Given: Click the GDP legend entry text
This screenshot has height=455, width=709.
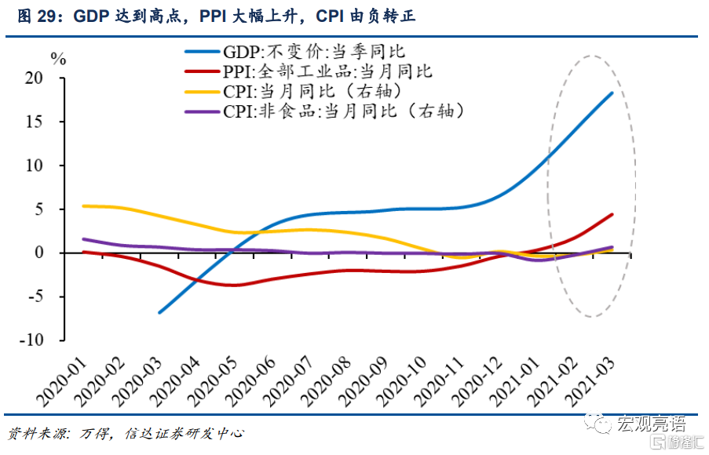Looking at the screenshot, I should click(313, 53).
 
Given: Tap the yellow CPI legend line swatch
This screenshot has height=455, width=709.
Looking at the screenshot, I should click(202, 92).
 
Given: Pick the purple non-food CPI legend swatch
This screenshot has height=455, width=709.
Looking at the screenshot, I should click(202, 111).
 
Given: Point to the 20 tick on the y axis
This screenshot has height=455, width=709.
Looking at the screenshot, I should click(54, 78).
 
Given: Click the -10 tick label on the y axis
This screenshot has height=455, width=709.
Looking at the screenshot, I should click(51, 340).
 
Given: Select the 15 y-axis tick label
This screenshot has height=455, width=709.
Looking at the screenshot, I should click(54, 122).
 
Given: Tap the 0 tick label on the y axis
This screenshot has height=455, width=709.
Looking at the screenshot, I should click(59, 253).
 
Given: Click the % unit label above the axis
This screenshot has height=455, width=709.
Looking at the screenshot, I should click(59, 57).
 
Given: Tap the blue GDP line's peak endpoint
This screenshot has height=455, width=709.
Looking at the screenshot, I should click(612, 93).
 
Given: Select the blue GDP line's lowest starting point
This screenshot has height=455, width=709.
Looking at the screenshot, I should click(159, 312).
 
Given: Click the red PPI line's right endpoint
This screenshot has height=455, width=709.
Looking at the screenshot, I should click(612, 214).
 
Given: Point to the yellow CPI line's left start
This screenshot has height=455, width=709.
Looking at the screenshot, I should click(83, 206).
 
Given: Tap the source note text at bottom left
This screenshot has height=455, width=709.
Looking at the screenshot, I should click(126, 433).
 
